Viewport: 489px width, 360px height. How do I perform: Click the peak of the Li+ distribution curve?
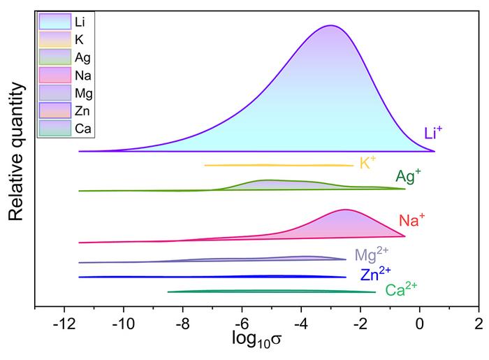tap(331, 26)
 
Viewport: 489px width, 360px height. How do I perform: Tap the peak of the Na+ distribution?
tap(345, 210)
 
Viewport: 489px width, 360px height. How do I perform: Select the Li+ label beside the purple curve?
tap(432, 132)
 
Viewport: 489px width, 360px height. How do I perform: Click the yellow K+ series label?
tap(367, 163)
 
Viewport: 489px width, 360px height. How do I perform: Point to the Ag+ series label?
tap(408, 176)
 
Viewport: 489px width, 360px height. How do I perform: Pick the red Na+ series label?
tap(412, 221)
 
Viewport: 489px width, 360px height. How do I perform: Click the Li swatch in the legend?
tap(54, 22)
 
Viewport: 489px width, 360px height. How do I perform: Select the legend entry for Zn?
tap(54, 110)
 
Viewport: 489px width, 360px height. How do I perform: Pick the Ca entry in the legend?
tap(54, 127)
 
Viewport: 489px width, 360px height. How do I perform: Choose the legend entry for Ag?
tap(54, 57)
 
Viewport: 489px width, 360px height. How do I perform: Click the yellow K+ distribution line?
tap(279, 165)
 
